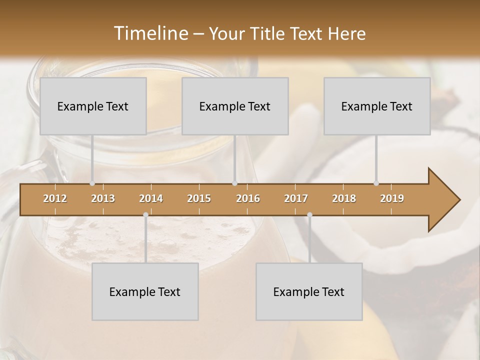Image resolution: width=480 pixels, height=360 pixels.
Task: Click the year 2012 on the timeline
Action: coord(55,198)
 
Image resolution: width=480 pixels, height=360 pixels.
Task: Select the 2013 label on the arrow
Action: coord(103,198)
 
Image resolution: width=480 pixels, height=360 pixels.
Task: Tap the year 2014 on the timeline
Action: coord(151,198)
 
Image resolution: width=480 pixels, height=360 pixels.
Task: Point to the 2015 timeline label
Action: coord(199,198)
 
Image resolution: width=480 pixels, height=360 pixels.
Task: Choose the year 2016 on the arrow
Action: coord(248,198)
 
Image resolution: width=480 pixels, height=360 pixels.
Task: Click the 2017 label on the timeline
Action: coord(296,198)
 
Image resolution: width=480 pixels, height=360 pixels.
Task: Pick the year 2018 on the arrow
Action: coord(344,198)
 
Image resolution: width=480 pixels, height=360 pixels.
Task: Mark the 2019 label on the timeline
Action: coord(392,198)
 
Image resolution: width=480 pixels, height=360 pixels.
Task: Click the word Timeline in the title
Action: coord(150,33)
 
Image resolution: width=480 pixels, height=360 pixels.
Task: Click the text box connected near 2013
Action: coord(93,106)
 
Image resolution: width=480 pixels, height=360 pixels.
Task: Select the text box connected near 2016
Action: coord(235,106)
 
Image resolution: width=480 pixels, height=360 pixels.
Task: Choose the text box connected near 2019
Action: coord(377,106)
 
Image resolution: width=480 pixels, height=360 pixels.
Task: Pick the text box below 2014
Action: coord(145,291)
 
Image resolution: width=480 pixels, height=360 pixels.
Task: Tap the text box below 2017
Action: coord(309,291)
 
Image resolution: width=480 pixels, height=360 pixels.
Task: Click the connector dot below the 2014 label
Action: coord(145,215)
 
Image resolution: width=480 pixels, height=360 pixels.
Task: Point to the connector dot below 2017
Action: coord(309,215)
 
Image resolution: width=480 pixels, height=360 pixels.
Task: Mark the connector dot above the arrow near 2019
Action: coord(376,183)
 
